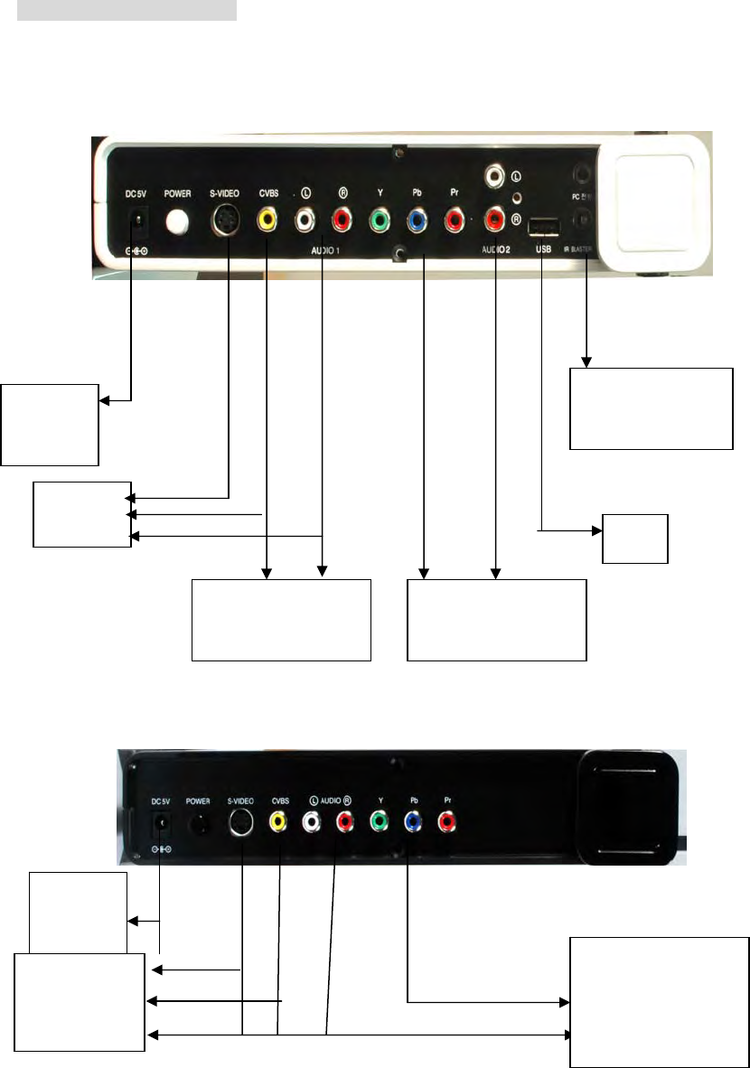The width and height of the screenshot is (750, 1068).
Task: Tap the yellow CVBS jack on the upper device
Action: (267, 219)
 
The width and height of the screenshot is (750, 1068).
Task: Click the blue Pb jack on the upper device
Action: (417, 219)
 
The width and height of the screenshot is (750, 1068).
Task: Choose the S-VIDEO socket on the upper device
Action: (223, 220)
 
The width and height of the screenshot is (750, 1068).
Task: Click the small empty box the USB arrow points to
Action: (636, 539)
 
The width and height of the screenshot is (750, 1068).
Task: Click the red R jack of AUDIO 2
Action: (494, 219)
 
